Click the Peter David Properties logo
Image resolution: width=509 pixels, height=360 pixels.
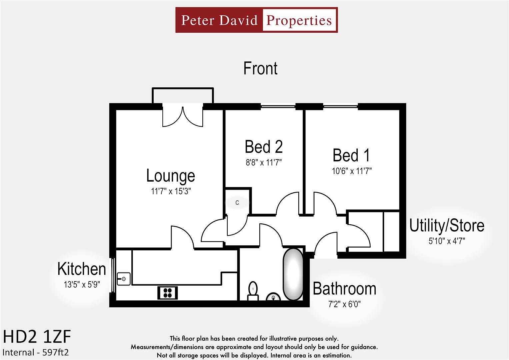point(256,20)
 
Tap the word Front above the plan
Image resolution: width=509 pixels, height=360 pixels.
point(260,68)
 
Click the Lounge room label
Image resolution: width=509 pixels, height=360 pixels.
point(170,176)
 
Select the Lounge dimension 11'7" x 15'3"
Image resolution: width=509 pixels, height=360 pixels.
point(170,191)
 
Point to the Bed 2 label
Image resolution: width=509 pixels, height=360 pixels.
point(264,147)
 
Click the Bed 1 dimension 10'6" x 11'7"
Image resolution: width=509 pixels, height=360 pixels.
point(352,171)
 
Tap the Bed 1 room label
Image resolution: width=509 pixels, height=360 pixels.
point(351,155)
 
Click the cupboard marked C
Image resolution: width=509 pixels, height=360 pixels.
point(237,203)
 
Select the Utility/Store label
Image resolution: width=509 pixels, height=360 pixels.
point(447,226)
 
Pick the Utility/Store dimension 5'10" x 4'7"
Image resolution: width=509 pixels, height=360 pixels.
point(447,241)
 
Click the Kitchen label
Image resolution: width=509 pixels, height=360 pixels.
point(82,269)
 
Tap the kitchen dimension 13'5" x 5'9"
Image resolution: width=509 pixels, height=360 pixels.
point(82,285)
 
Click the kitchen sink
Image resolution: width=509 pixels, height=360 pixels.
point(124,279)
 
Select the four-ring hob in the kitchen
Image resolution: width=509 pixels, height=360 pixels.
point(167,293)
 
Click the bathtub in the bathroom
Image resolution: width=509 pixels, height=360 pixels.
point(293,274)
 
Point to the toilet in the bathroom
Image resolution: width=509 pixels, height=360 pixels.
point(253,290)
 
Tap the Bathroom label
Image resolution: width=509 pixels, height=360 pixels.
point(344,289)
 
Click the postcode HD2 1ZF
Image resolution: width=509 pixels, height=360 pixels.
point(37,337)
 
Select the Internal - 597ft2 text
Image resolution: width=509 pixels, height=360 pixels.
point(35,352)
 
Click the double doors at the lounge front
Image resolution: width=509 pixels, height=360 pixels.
point(183,116)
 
